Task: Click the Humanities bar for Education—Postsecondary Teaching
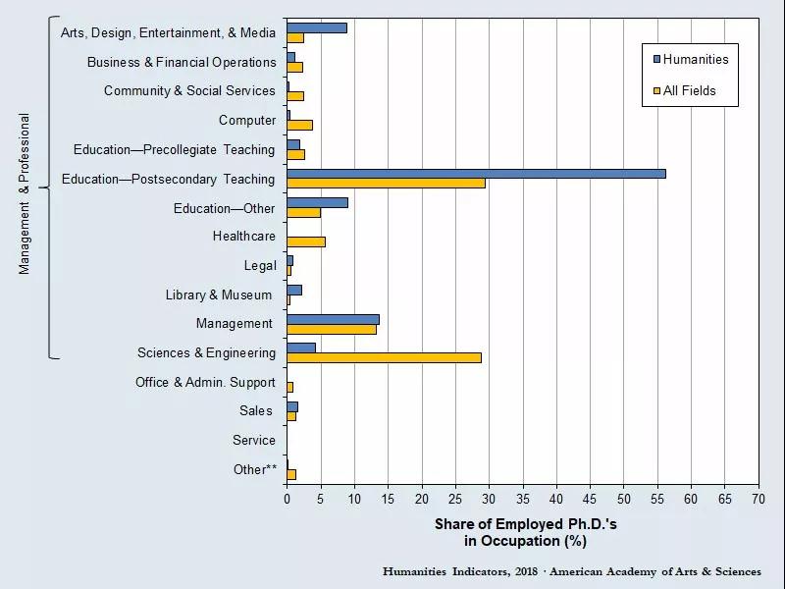[x=476, y=174]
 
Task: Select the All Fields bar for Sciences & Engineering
[x=384, y=357]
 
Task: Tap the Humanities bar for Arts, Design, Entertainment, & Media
[x=316, y=27]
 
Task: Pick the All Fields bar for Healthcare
[x=305, y=241]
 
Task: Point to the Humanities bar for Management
[x=333, y=319]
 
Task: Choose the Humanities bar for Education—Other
[x=317, y=202]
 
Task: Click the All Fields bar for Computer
[x=299, y=125]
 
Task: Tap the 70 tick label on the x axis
[x=759, y=499]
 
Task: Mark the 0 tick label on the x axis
[x=287, y=499]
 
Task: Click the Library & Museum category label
[x=219, y=294]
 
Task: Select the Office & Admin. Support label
[x=206, y=382]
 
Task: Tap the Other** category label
[x=255, y=469]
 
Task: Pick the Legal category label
[x=260, y=265]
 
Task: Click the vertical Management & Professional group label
[x=26, y=193]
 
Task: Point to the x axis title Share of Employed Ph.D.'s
[x=525, y=524]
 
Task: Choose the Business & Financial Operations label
[x=182, y=62]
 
